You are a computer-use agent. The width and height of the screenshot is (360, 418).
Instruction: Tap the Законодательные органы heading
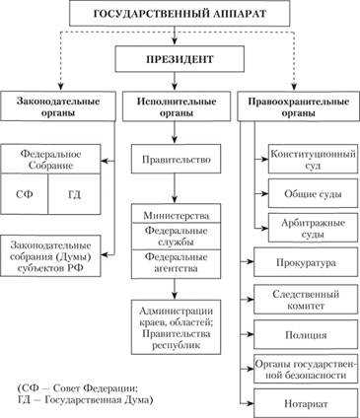[x=58, y=106]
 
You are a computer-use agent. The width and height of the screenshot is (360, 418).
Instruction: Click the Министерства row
[x=174, y=214]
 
